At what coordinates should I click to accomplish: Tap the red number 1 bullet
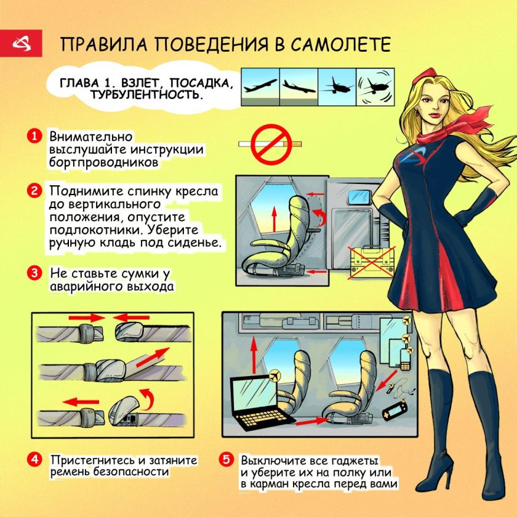[35, 136]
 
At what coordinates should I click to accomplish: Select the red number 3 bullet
[35, 273]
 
